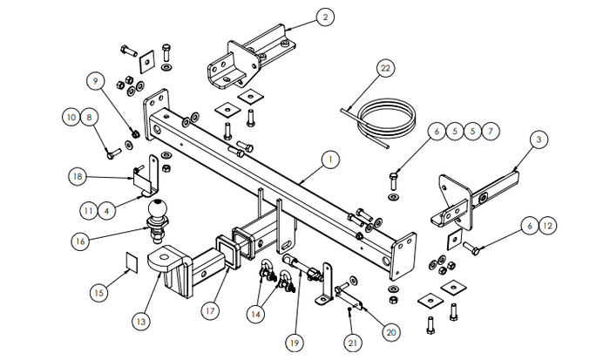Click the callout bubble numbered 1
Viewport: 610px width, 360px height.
pos(330,160)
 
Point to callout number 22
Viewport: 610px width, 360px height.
pos(386,68)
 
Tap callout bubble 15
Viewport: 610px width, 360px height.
pos(98,293)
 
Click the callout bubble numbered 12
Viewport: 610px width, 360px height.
pos(546,227)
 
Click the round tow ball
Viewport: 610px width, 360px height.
pos(158,210)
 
